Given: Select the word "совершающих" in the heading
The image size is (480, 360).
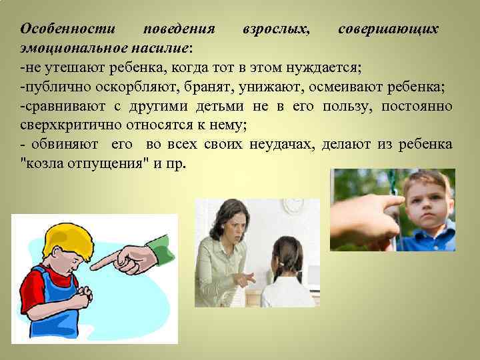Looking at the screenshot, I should (x=388, y=30).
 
